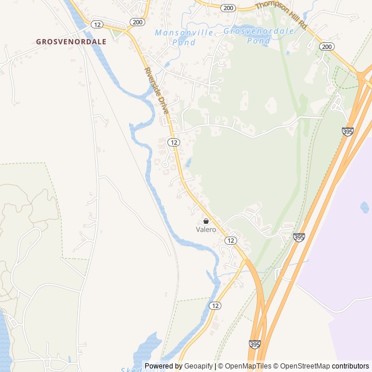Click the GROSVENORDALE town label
[x=71, y=42]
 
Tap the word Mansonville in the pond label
[x=184, y=33]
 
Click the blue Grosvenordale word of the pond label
[x=259, y=31]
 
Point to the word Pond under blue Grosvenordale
[x=259, y=41]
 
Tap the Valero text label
[x=206, y=230]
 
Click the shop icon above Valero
[x=206, y=221]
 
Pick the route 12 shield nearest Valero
[x=231, y=241]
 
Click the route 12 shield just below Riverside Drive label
[x=173, y=142]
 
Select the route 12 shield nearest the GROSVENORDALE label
[x=97, y=24]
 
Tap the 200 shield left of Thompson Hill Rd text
[x=228, y=8]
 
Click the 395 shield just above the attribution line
[x=254, y=345]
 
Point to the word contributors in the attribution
[x=350, y=366]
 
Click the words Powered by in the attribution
[x=163, y=366]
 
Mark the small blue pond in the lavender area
[x=364, y=207]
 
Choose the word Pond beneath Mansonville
[x=184, y=42]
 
